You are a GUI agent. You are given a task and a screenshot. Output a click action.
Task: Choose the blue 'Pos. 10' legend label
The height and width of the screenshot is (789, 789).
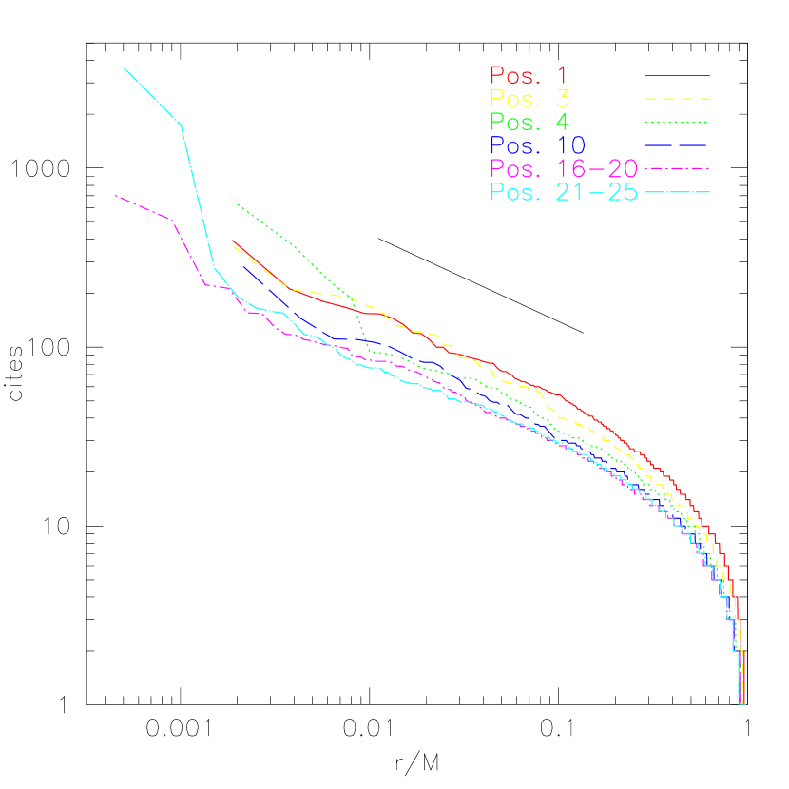(538, 145)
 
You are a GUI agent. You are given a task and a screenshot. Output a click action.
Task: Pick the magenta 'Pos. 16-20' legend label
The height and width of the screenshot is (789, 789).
(564, 169)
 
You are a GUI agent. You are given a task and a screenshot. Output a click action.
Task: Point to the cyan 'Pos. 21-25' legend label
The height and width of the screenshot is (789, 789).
(564, 193)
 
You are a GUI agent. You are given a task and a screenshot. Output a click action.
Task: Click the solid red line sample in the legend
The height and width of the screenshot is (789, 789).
(677, 75)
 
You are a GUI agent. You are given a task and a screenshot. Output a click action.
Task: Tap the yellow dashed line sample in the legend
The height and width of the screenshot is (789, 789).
(677, 99)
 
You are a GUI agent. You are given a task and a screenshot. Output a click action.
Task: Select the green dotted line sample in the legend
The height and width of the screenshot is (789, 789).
(677, 122)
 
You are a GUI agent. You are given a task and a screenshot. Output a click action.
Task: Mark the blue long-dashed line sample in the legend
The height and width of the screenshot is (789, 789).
(677, 145)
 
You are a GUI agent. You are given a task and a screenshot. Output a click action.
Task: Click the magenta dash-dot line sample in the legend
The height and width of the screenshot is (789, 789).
(677, 168)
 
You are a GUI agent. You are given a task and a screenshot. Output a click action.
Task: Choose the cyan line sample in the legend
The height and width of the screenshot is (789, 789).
(677, 193)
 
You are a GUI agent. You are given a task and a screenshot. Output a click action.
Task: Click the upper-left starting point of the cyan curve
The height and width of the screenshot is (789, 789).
(125, 67)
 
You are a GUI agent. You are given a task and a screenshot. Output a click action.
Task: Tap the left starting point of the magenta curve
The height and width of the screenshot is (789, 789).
(115, 195)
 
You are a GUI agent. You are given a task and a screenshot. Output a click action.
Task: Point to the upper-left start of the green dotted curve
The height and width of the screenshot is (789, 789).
(237, 203)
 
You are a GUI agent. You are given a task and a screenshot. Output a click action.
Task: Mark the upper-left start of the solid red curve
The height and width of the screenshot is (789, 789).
(233, 241)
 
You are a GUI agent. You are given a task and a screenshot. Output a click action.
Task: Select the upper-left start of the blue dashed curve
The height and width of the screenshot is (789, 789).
(243, 265)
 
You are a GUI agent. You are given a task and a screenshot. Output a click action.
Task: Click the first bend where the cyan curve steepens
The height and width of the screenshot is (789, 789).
(181, 125)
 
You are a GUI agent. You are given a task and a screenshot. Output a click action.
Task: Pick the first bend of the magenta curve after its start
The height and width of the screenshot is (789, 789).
(171, 220)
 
